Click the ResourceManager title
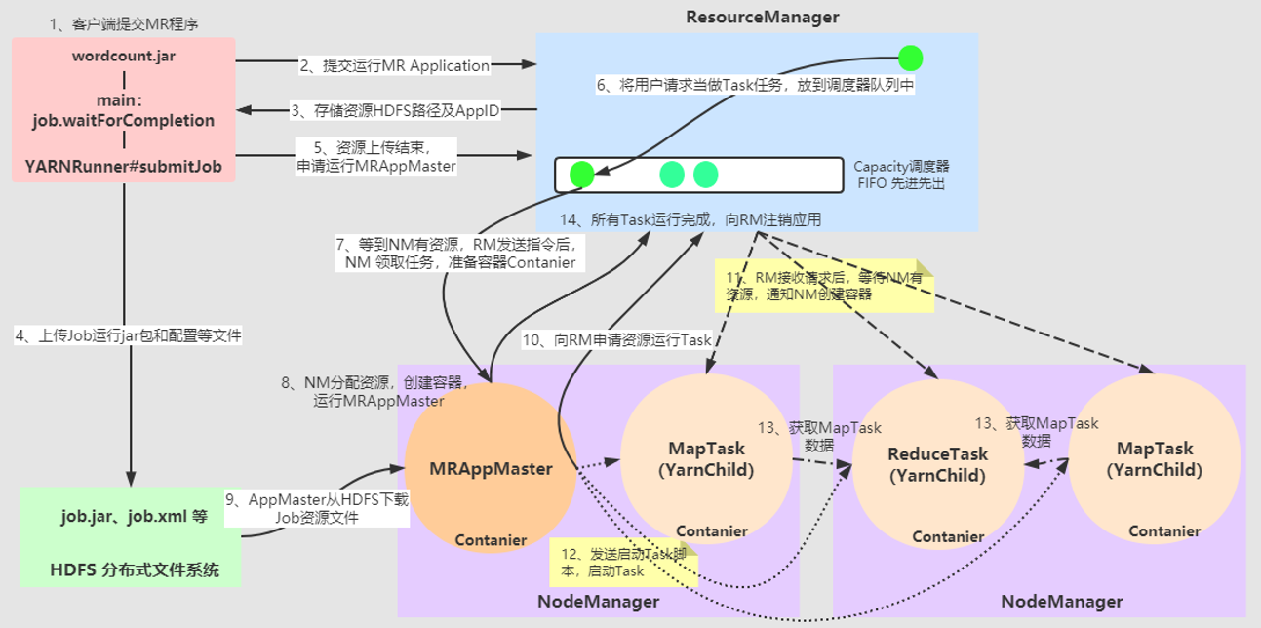[762, 17]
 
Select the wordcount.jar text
[124, 56]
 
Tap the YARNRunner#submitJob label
[124, 167]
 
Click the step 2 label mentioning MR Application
[394, 66]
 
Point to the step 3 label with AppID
[394, 111]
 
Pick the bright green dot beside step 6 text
[910, 59]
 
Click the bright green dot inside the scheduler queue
[581, 175]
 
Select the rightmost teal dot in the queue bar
[705, 175]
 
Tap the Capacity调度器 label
[900, 166]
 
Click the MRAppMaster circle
[491, 468]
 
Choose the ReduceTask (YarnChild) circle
[937, 464]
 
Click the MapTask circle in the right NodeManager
[1154, 458]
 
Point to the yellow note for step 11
[824, 286]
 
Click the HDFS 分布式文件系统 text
[134, 570]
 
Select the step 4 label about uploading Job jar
[128, 335]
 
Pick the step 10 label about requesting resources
[617, 340]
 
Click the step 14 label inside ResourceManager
[690, 220]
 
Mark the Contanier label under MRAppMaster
[491, 540]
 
